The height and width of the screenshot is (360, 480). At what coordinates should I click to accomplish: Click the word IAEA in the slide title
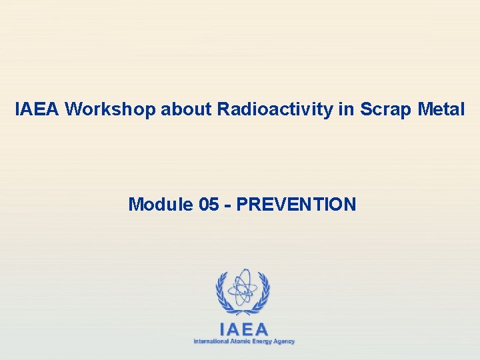click(x=37, y=109)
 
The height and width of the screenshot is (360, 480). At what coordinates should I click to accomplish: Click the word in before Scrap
click(x=346, y=109)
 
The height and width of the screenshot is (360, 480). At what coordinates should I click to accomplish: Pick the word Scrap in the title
click(x=383, y=109)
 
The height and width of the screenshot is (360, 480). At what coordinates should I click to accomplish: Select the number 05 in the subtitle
click(x=209, y=204)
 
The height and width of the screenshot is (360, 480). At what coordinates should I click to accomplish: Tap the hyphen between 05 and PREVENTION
click(x=229, y=205)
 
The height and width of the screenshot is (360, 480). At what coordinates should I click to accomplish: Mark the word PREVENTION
click(x=296, y=204)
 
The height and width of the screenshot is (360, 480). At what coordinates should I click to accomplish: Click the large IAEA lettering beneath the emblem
click(x=243, y=329)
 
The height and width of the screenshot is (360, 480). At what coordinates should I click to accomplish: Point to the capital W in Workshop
click(x=74, y=109)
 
